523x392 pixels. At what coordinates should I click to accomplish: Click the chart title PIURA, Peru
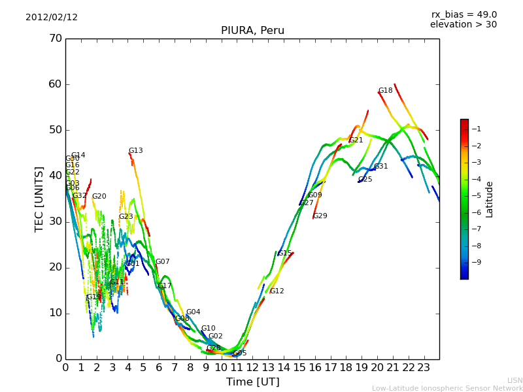[x=252, y=31]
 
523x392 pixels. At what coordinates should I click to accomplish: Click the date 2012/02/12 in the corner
[x=52, y=18]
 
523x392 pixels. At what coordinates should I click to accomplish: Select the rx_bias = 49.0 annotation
[x=464, y=15]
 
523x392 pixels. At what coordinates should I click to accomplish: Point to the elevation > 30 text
[x=464, y=25]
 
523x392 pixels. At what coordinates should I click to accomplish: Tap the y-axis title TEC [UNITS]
[x=39, y=199]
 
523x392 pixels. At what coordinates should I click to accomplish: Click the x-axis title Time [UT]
[x=252, y=382]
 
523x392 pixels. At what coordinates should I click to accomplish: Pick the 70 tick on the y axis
[x=55, y=39]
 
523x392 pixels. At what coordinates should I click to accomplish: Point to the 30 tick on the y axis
[x=55, y=221]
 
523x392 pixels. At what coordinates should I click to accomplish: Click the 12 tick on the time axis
[x=252, y=368]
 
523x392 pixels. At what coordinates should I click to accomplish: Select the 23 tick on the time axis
[x=424, y=368]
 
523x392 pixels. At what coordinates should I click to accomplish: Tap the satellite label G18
[x=386, y=91]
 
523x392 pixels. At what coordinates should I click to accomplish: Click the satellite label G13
[x=135, y=151]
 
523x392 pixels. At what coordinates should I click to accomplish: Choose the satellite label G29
[x=320, y=216]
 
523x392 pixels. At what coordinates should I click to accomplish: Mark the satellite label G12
[x=277, y=291]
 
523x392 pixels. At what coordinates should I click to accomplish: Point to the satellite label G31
[x=381, y=167]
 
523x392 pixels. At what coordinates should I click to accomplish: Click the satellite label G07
[x=162, y=262]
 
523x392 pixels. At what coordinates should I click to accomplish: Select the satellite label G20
[x=99, y=197]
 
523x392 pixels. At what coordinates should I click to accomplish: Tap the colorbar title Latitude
[x=490, y=199]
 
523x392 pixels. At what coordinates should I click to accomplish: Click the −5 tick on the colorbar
[x=477, y=195]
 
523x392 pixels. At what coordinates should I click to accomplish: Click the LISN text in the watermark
[x=515, y=380]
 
